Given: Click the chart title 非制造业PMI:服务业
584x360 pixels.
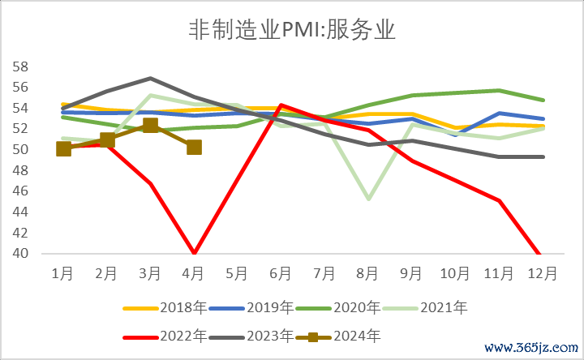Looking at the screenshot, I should coord(291,31).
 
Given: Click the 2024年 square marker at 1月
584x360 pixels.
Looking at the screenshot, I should coord(64,148).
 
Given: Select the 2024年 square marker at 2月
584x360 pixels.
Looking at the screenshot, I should coord(107,139).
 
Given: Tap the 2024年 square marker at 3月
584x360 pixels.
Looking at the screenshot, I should coord(150,125).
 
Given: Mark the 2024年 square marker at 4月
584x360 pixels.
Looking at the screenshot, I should coord(194,147).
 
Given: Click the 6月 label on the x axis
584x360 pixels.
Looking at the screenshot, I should coord(281,273).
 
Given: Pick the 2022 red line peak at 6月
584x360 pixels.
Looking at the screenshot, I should coord(281,105).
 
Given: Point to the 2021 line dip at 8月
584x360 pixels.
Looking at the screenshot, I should coord(367,199).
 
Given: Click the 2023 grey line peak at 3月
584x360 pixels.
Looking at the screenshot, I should coord(150,78).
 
